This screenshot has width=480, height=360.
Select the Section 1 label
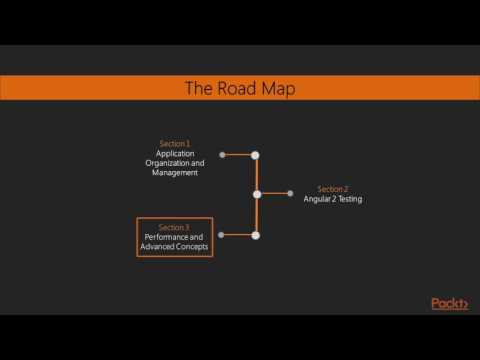[x=174, y=144]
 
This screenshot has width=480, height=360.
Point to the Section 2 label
[x=333, y=189]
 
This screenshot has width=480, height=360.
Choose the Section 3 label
[x=174, y=228]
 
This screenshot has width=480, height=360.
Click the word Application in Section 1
[x=175, y=153]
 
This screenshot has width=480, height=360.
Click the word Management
[x=175, y=172]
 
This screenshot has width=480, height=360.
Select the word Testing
[x=349, y=199]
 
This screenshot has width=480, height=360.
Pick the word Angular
[x=318, y=199]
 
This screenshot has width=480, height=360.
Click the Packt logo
[x=449, y=304]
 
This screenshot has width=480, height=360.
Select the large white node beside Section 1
[x=256, y=155]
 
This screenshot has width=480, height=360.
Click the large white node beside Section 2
[x=257, y=194]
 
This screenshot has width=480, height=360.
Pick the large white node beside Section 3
[x=256, y=235]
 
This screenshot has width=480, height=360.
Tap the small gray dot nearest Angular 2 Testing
[x=290, y=194]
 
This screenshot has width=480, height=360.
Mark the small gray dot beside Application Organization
[x=222, y=155]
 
